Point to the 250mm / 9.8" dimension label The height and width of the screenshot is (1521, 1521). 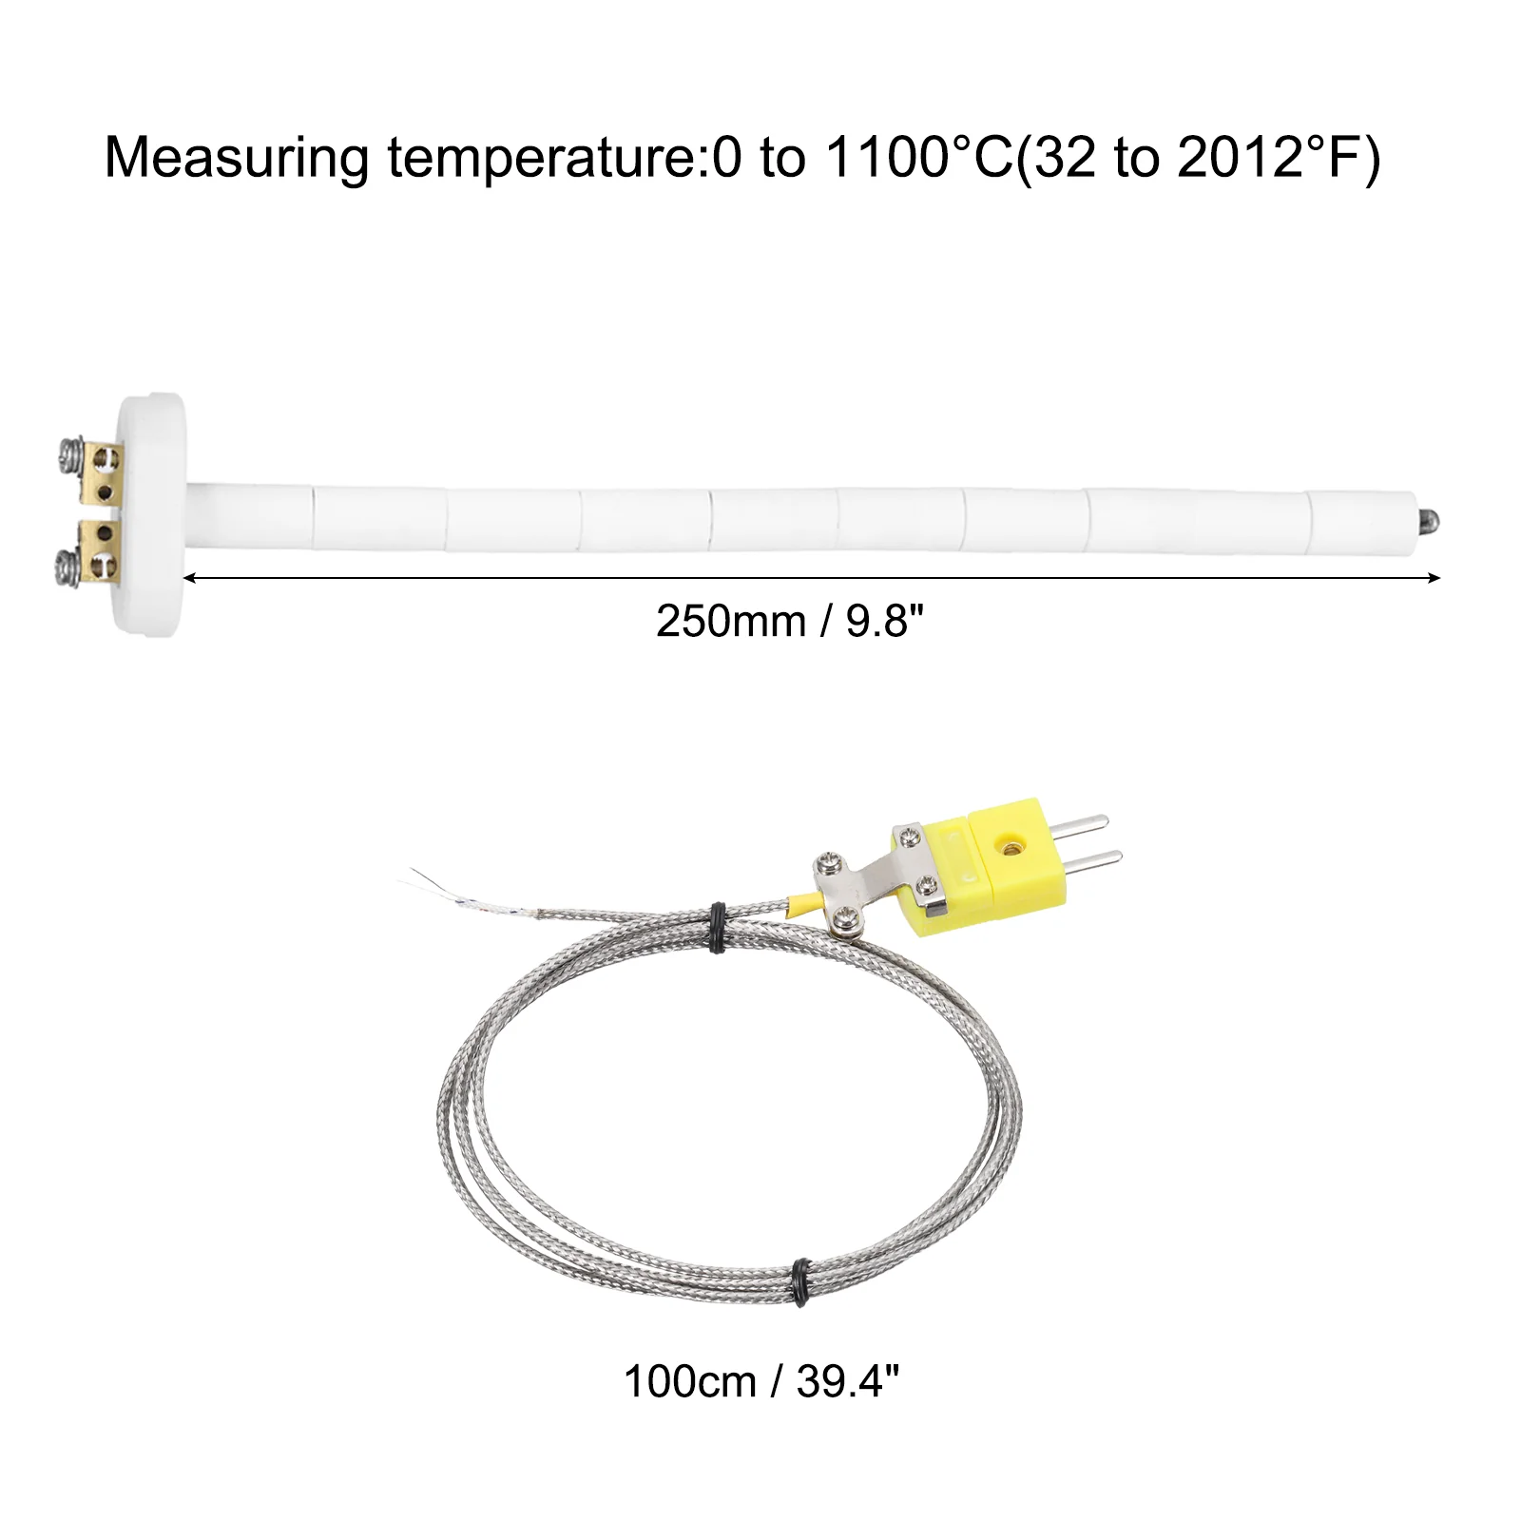[x=790, y=622]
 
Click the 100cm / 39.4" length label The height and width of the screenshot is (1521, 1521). [x=760, y=1381]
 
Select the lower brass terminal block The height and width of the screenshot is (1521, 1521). [x=99, y=551]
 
